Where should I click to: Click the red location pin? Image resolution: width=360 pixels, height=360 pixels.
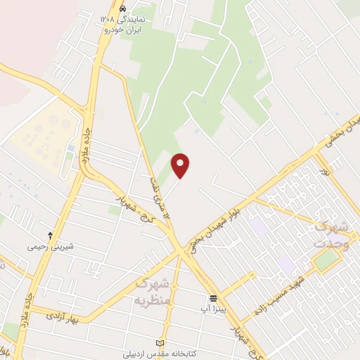click(181, 165)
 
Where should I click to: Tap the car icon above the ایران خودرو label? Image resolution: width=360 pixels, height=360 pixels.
click(123, 8)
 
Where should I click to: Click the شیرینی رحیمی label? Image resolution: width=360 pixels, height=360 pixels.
click(50, 247)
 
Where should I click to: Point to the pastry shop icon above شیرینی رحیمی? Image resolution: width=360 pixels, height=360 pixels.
click(50, 235)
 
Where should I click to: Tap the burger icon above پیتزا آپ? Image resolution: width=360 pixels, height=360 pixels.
click(213, 297)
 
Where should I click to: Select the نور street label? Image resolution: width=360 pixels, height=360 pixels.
click(324, 172)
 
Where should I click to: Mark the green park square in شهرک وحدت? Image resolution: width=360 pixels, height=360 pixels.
click(326, 261)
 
